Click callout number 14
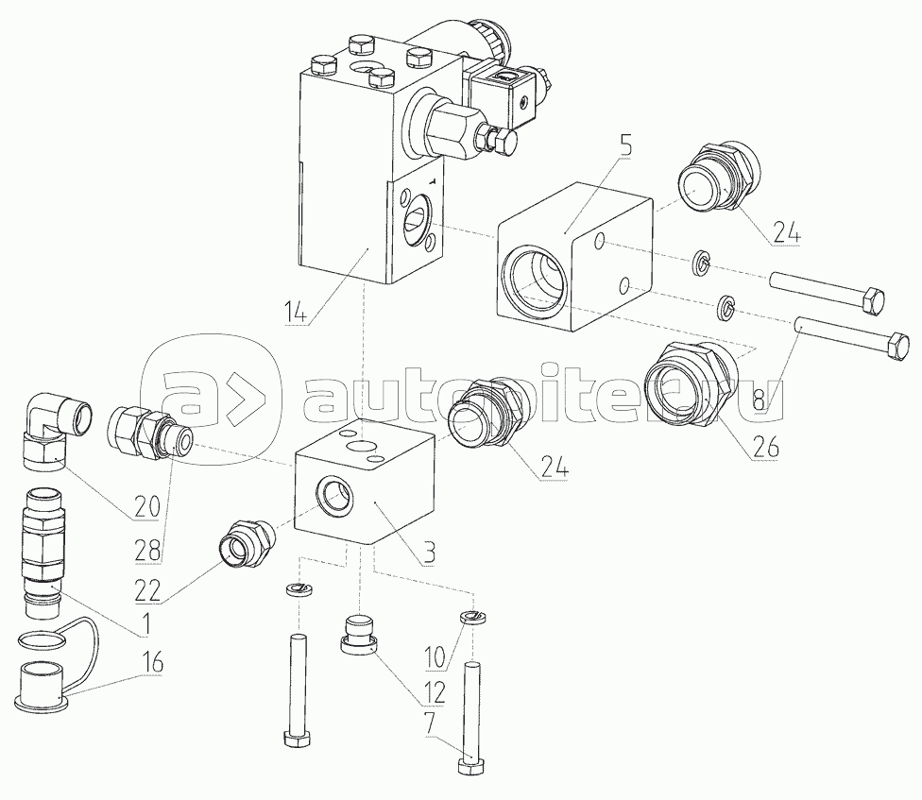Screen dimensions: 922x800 (x=297, y=312)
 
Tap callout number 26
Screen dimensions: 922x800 (x=765, y=448)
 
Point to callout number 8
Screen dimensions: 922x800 (x=760, y=400)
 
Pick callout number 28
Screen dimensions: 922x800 (x=147, y=551)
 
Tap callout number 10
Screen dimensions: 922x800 (x=435, y=657)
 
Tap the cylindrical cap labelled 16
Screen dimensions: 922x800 (x=43, y=682)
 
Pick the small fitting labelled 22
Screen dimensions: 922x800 (x=246, y=544)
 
